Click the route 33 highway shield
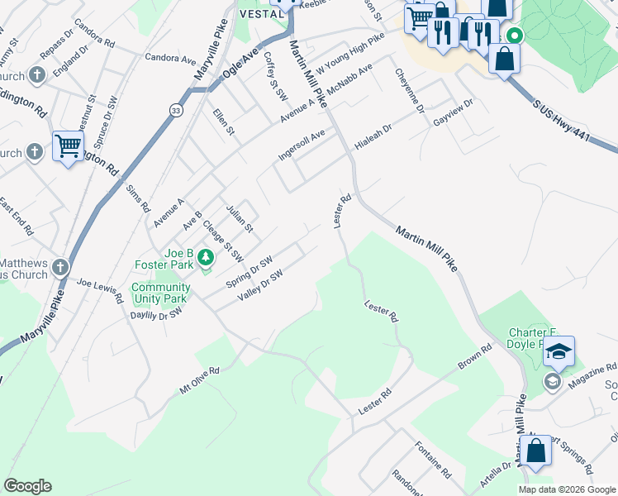point(176,110)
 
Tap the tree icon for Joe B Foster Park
point(206,261)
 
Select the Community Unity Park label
point(160,293)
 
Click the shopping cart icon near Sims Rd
point(68,147)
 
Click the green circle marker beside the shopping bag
point(515,36)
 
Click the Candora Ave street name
point(170,59)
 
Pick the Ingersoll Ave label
point(302,145)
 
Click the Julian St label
point(239,217)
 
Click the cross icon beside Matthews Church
point(59,267)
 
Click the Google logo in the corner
point(27,486)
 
